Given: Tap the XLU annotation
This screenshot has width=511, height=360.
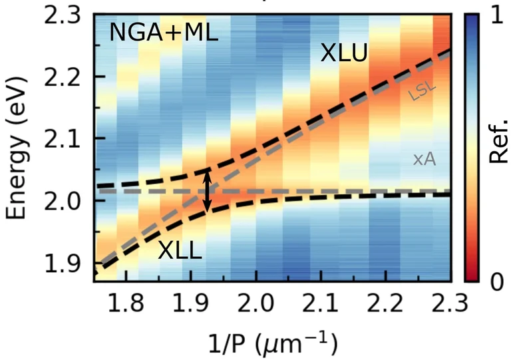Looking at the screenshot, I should click(x=343, y=54).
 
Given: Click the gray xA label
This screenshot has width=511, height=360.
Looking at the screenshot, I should click(x=424, y=158).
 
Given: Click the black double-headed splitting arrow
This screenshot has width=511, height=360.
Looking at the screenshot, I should click(x=208, y=192).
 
